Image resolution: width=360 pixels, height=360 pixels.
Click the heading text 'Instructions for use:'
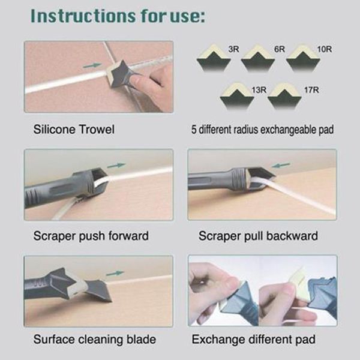117,16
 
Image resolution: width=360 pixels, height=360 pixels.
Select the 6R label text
280,48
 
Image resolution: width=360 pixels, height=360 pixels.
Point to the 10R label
324,48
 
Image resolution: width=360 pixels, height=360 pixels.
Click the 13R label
259,90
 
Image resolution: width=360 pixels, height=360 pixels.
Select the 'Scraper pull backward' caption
259,235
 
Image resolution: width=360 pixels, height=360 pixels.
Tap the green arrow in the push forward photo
118,165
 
